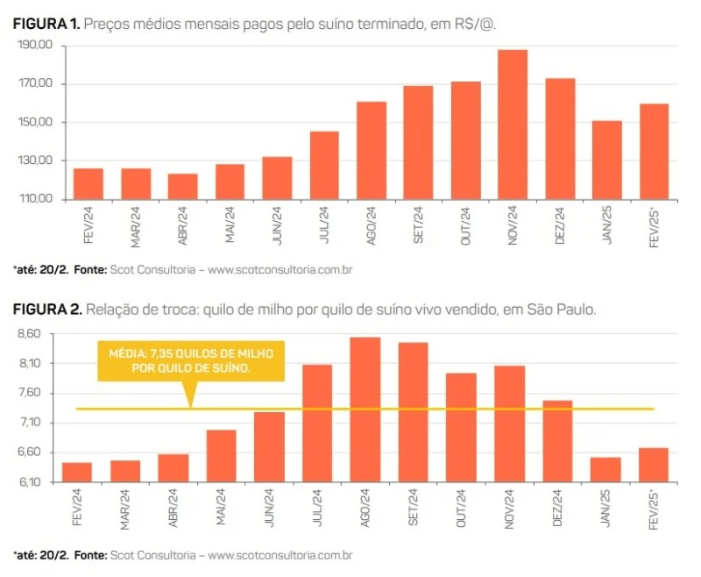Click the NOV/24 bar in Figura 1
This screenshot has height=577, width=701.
point(513,125)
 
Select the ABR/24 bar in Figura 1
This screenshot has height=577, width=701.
point(182,187)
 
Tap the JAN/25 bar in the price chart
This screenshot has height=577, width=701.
point(607,160)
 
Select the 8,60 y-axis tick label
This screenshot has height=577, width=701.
point(29,334)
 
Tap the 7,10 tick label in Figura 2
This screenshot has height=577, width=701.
point(29,424)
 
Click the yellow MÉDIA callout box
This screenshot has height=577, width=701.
point(191,360)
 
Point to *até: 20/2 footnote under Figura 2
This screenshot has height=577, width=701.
point(39,554)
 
